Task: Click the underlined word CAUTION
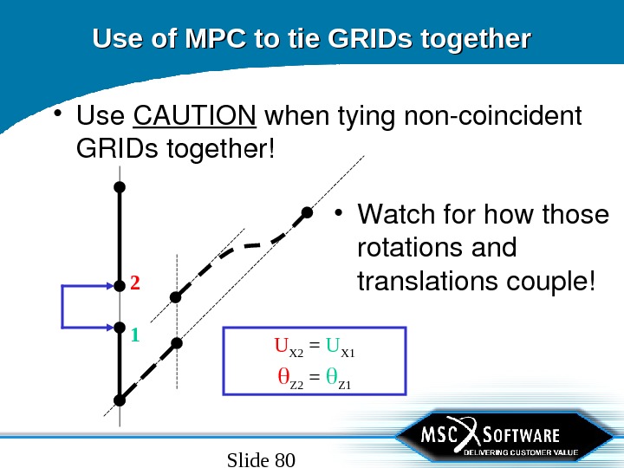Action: tap(195, 115)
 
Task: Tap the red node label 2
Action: tap(135, 283)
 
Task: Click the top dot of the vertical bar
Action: tap(120, 186)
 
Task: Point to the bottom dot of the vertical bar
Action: tap(120, 400)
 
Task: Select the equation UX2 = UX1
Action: tap(315, 352)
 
